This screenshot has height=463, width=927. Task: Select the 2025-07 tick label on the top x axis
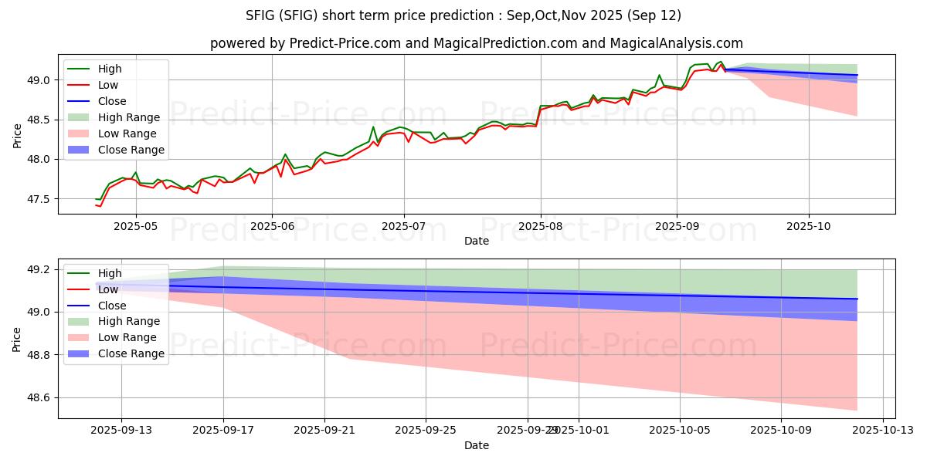click(x=404, y=227)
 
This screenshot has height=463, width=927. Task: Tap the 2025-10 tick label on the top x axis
click(x=809, y=227)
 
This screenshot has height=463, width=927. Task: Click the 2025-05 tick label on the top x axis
click(x=136, y=227)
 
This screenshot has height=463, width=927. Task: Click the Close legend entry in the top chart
click(x=112, y=102)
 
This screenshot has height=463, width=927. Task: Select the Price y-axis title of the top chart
click(x=17, y=134)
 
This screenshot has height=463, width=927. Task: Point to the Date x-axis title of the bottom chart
click(x=476, y=446)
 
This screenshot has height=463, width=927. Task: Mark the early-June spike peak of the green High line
click(x=285, y=154)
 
